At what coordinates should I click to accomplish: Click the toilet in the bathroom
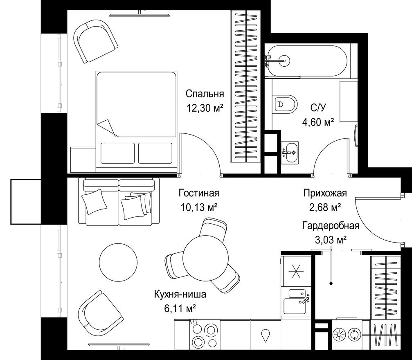tap(284, 104)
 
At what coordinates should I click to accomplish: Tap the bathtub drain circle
tap(284, 61)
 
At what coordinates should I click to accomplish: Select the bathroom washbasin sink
tap(290, 152)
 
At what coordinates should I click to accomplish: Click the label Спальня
tap(205, 94)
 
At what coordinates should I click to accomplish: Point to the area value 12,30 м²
tap(205, 108)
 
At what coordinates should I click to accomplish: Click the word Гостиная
tap(199, 193)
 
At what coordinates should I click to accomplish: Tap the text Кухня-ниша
tap(180, 294)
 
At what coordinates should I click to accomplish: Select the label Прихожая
tap(325, 193)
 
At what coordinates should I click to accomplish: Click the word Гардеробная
tap(331, 225)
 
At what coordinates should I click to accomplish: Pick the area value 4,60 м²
tap(318, 122)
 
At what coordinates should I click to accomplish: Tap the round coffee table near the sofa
tap(118, 261)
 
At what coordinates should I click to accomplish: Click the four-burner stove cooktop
tap(205, 333)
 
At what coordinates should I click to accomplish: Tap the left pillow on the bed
tap(117, 153)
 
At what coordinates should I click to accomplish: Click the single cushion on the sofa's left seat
tap(95, 201)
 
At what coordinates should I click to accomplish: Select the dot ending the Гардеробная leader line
tap(331, 283)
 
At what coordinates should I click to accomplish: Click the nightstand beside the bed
tap(83, 160)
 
